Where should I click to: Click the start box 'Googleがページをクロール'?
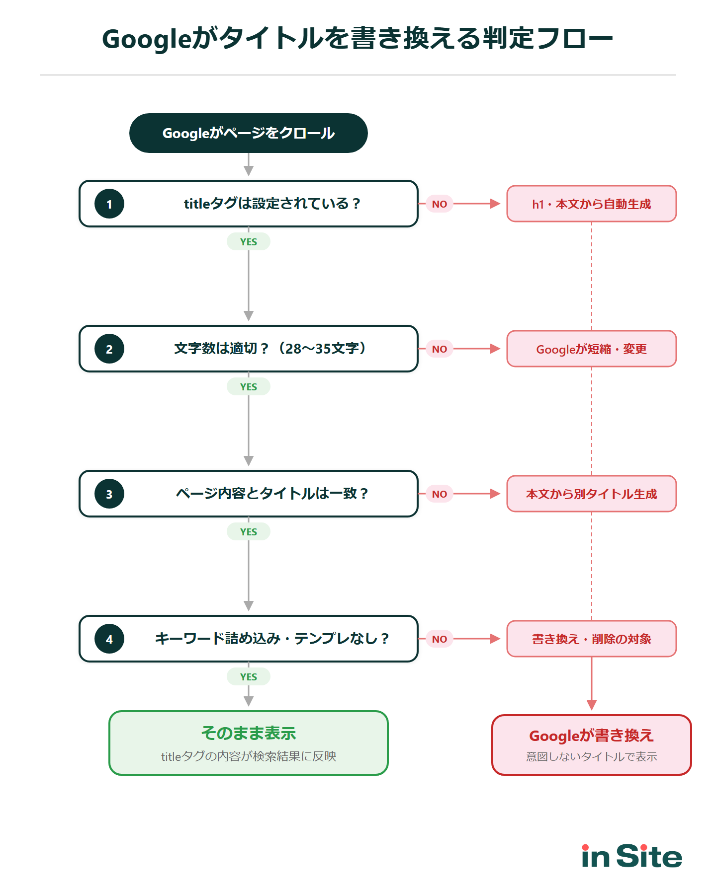(x=248, y=133)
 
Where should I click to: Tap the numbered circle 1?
(x=109, y=204)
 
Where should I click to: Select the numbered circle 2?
(x=109, y=349)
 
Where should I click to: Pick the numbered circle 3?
(x=109, y=494)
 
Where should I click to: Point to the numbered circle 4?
(x=109, y=639)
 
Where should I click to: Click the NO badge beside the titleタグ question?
(x=439, y=204)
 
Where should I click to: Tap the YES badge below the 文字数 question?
(x=248, y=386)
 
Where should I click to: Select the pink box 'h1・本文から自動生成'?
(x=591, y=204)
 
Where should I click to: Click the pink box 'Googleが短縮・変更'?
(x=591, y=349)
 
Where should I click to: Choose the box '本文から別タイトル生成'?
(x=591, y=494)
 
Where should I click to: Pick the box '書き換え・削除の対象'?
(x=591, y=639)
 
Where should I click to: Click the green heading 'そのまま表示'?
(x=248, y=733)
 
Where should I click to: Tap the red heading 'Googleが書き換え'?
(x=591, y=736)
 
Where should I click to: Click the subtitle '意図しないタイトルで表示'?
(x=591, y=756)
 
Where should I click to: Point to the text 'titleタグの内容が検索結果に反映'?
(x=248, y=756)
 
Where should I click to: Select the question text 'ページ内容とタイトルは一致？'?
(x=272, y=494)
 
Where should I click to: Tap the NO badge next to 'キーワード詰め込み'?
(x=439, y=639)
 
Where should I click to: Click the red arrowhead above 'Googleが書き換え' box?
(x=591, y=705)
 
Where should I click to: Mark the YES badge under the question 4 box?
(x=248, y=676)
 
